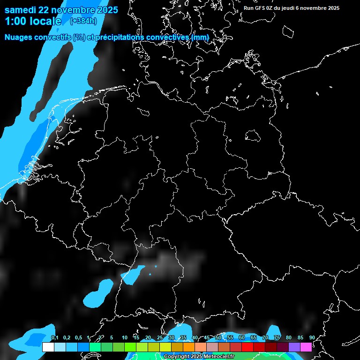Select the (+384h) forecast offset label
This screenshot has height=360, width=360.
click(84, 21)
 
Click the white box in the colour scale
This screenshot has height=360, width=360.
click(48, 347)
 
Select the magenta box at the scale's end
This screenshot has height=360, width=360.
click(306, 347)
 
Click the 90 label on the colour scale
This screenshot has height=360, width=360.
click(312, 337)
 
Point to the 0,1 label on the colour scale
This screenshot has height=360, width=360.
click(54, 337)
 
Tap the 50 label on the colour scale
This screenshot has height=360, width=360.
click(218, 337)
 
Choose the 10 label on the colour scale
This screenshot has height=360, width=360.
click(125, 337)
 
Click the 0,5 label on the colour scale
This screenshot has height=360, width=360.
click(78, 337)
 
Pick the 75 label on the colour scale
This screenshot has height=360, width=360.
click(277, 337)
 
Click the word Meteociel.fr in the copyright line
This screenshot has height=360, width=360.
click(219, 356)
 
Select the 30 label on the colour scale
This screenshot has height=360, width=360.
click(172, 337)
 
